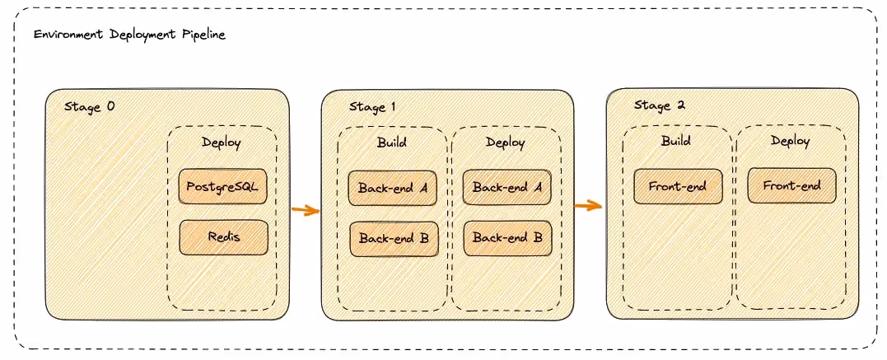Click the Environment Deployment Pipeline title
coord(129,35)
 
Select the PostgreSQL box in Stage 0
coord(222,186)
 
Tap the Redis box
coord(224,237)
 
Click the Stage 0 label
coord(89,107)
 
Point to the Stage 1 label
coord(372,107)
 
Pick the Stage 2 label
coord(660,105)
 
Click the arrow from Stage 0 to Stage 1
coord(306,210)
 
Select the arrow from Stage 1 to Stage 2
coord(588,205)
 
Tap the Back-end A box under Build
coord(393,188)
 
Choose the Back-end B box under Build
coord(394,238)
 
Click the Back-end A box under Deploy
coord(507,188)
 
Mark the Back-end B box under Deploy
coord(507,238)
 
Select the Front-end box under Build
coord(677,186)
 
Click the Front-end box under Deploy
coord(791,185)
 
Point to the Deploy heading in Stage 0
coord(222,143)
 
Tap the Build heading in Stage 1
coord(392,142)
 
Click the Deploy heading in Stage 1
coord(506,142)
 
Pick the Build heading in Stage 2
coord(676,141)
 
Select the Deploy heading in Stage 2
coord(791,141)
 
